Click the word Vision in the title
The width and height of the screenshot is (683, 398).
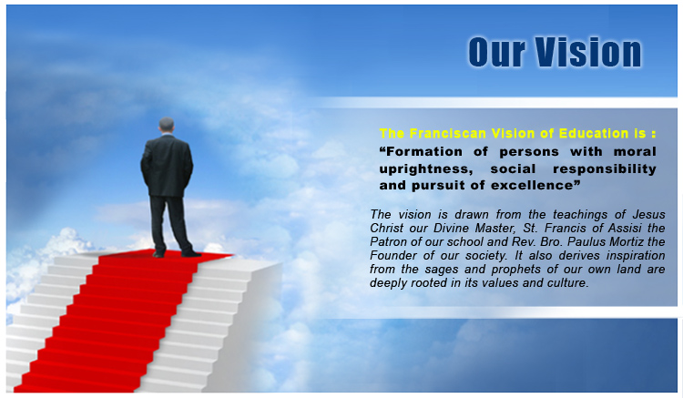tap(588, 52)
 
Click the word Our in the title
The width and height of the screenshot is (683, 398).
tap(496, 52)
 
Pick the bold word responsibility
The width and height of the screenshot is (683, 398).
tap(605, 169)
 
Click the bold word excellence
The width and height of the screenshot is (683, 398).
tap(532, 186)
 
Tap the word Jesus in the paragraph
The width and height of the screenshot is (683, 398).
tap(649, 214)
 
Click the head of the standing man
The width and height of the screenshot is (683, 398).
tap(167, 125)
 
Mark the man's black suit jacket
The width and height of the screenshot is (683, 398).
tap(167, 166)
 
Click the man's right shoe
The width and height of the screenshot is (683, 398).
tap(191, 253)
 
